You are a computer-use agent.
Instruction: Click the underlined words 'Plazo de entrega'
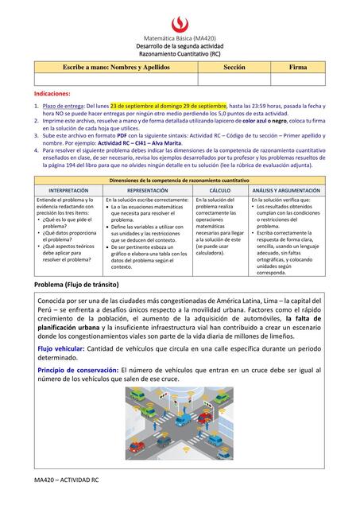[x=63, y=105]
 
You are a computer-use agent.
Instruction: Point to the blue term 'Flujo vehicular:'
[x=66, y=348]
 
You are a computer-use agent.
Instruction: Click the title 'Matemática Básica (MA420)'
[x=180, y=38]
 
